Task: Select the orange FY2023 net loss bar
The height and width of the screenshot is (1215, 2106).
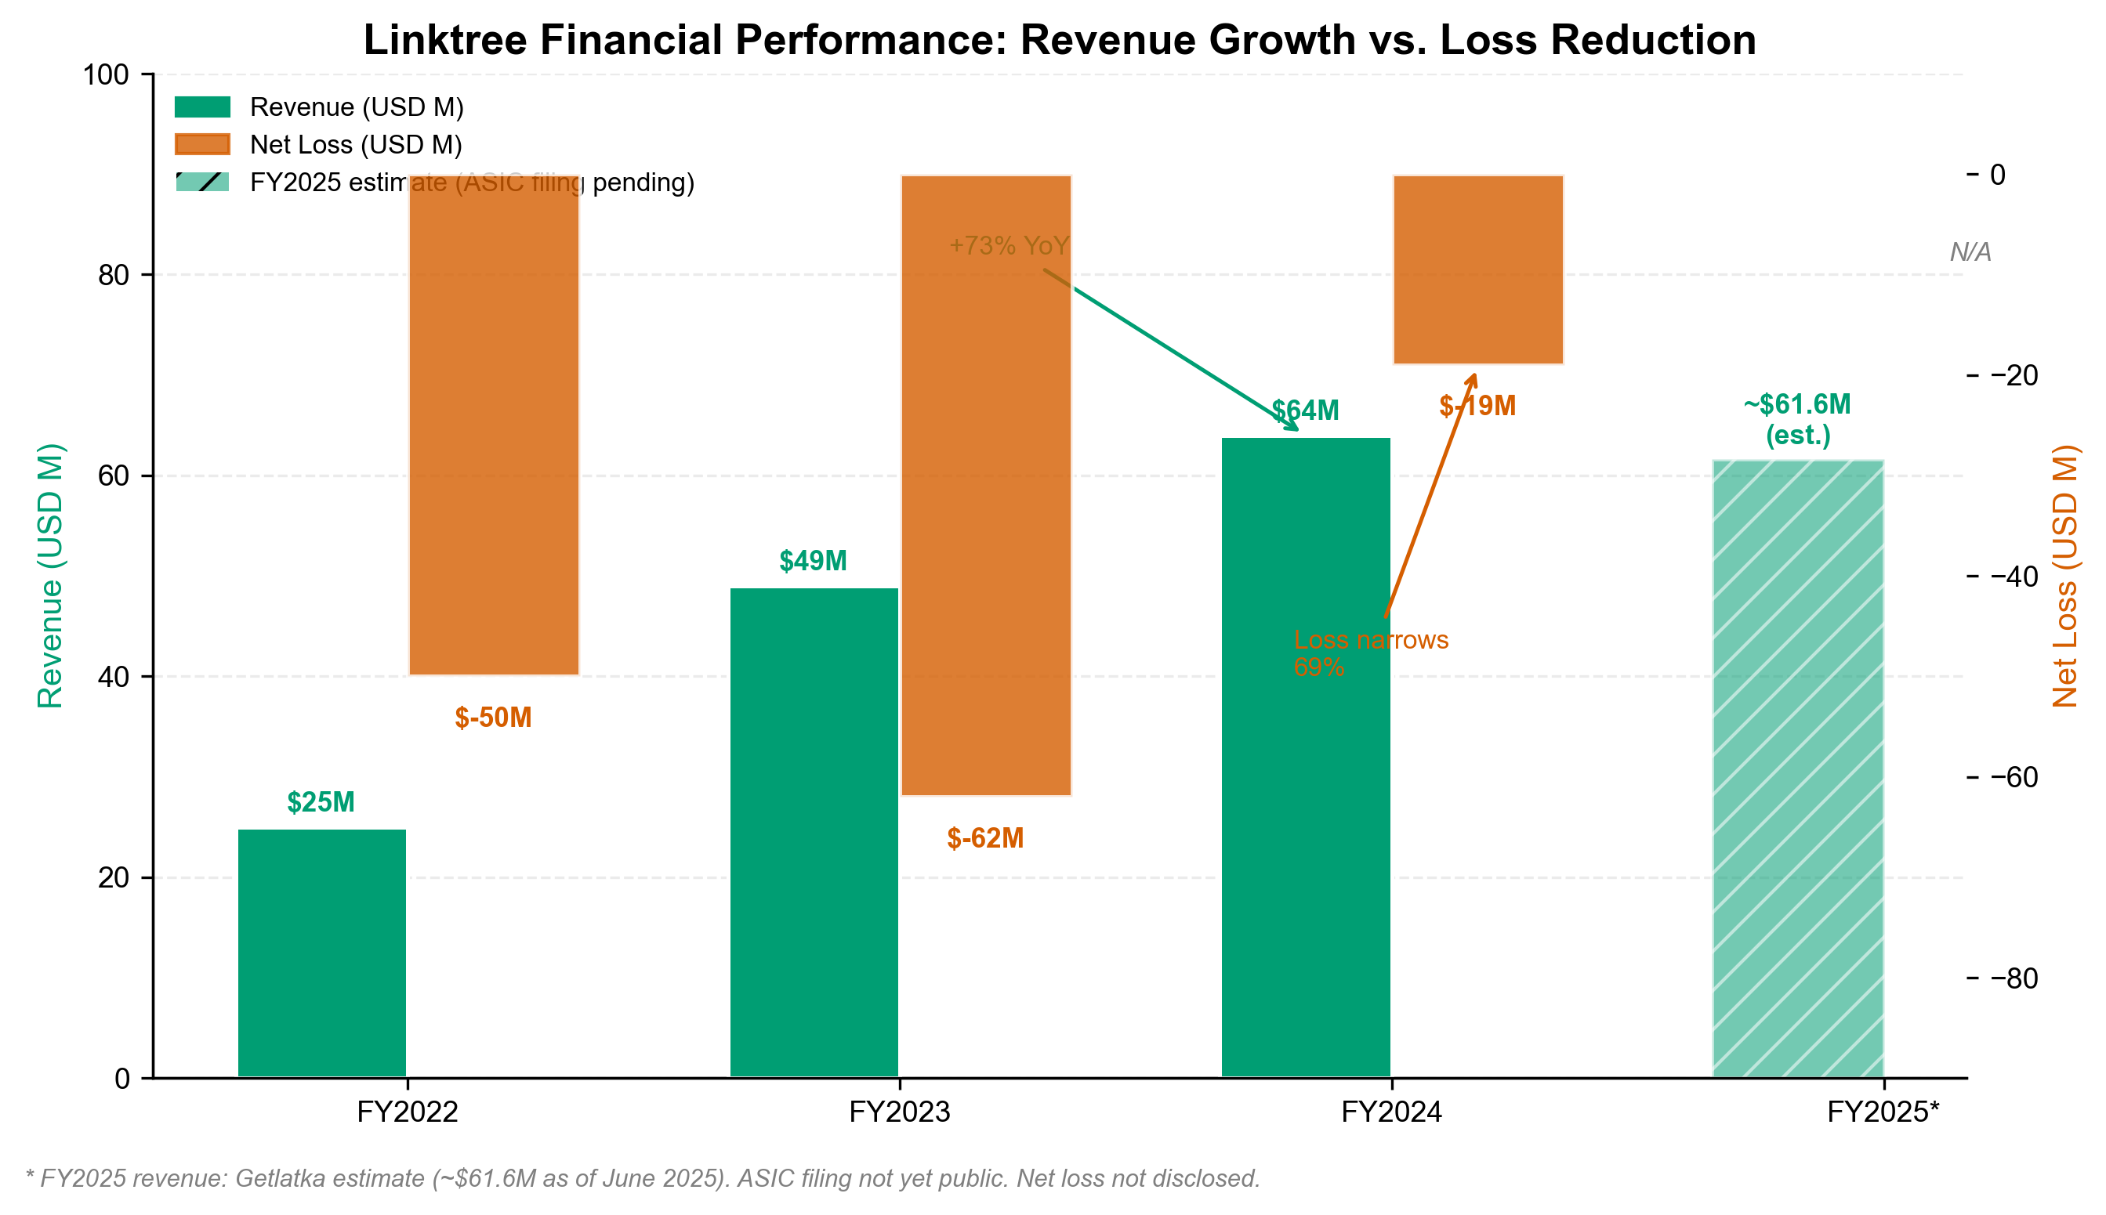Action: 985,485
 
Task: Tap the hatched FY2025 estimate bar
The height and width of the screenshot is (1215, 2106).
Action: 1797,768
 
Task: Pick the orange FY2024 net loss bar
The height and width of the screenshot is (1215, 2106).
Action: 1477,269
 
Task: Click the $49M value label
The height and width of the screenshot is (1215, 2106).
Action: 812,561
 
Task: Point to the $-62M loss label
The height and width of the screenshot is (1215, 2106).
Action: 984,838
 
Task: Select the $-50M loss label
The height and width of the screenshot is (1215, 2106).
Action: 492,717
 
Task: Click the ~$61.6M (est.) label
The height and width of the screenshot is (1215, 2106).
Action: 1796,419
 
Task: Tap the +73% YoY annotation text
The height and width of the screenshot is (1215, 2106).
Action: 1009,245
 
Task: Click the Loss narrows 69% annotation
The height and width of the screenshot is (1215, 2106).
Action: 1370,653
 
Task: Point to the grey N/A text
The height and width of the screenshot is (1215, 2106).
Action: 1969,251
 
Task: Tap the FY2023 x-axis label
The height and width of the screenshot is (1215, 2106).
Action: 899,1112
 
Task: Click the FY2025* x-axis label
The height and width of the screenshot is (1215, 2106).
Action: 1883,1112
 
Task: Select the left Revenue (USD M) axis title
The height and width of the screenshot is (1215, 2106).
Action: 50,575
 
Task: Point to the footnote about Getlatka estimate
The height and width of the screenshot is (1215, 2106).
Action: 642,1178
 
